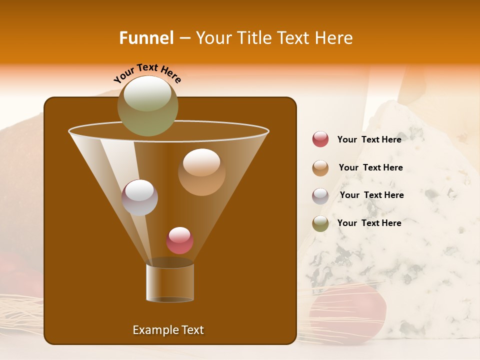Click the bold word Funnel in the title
pyautogui.click(x=146, y=38)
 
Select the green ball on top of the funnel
pyautogui.click(x=147, y=105)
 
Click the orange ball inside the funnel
pyautogui.click(x=201, y=172)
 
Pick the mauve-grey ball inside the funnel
pyautogui.click(x=139, y=197)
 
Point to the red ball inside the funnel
pyautogui.click(x=179, y=240)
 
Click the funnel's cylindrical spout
pyautogui.click(x=170, y=282)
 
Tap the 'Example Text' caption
pyautogui.click(x=168, y=330)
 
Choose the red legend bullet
pyautogui.click(x=320, y=139)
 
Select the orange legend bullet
pyautogui.click(x=320, y=168)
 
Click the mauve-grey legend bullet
pyautogui.click(x=320, y=196)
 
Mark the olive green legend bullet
pyautogui.click(x=320, y=223)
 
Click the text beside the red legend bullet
pyautogui.click(x=369, y=139)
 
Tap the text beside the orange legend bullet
pyautogui.click(x=370, y=167)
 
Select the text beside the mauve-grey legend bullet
pyautogui.click(x=371, y=195)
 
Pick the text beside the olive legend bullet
pyautogui.click(x=369, y=223)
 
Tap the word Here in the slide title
pyautogui.click(x=334, y=38)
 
